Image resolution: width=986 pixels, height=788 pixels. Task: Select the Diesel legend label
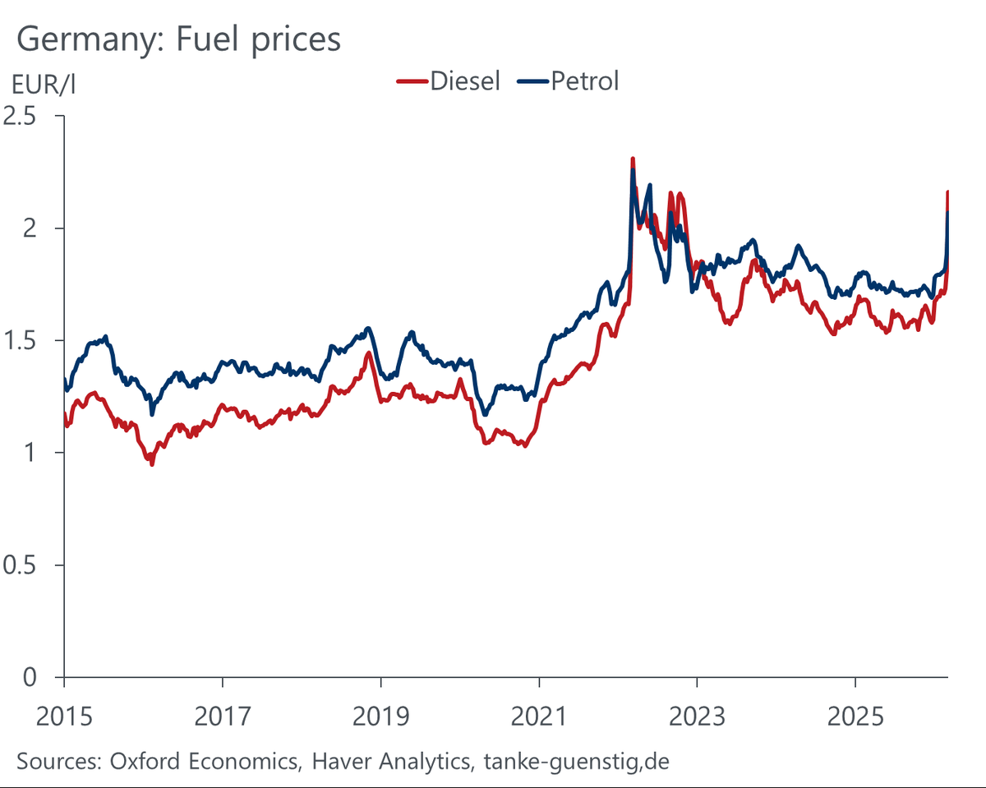tap(465, 81)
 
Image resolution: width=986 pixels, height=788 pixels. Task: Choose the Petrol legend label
tap(585, 81)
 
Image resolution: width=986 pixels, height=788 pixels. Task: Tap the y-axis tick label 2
tap(30, 228)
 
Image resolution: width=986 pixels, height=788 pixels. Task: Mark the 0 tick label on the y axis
tap(30, 677)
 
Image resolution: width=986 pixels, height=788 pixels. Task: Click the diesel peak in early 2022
tap(632, 159)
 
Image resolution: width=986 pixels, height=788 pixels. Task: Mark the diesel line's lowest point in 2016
tap(151, 465)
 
